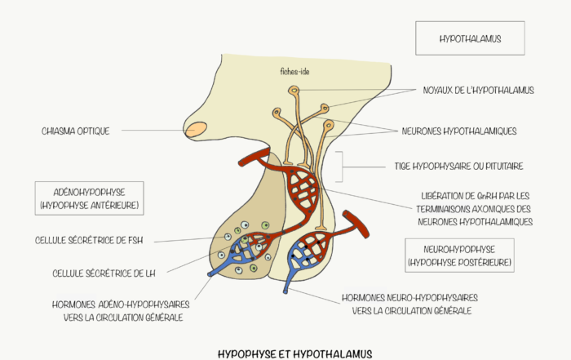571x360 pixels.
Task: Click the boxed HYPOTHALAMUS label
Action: coord(470,38)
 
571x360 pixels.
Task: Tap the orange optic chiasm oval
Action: coord(196,129)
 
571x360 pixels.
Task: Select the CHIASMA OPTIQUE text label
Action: coord(75,131)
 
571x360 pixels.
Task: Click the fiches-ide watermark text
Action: coord(294,71)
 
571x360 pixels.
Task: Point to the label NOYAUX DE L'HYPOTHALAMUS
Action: coord(478,90)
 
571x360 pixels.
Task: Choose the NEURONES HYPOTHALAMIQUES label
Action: coord(458,131)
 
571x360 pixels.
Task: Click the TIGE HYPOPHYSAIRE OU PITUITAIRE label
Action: coord(458,167)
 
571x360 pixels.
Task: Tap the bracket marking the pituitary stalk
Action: coord(342,167)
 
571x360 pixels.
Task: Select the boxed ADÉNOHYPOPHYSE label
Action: coord(89,198)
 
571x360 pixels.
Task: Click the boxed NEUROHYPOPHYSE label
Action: coord(459,256)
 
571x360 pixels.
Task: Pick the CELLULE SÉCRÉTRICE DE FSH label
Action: coord(89,240)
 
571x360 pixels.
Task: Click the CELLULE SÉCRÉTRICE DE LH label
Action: coord(104,273)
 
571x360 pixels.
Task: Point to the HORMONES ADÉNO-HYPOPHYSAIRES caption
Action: coord(121,311)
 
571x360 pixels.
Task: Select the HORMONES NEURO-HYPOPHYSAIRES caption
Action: coord(409,304)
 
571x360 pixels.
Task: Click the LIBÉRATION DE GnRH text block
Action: coord(475,209)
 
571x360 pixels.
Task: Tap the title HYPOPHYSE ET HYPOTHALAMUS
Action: coord(295,353)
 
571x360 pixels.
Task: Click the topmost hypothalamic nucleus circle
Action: coord(294,90)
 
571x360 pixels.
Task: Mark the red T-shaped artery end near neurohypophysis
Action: coord(356,224)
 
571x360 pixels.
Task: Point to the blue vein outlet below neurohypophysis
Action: coord(285,290)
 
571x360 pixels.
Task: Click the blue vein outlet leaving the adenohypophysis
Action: coord(211,273)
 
